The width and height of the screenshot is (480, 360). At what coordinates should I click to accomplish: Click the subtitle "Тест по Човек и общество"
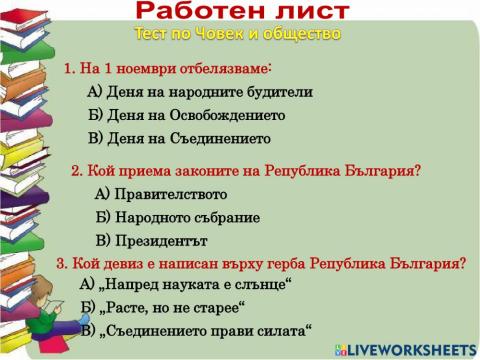238,34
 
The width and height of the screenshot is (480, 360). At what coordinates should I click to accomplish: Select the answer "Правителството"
161,194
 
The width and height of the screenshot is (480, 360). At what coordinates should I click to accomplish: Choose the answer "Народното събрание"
178,217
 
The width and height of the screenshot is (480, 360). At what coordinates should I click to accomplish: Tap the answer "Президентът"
151,241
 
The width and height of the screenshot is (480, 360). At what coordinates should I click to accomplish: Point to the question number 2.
76,170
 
